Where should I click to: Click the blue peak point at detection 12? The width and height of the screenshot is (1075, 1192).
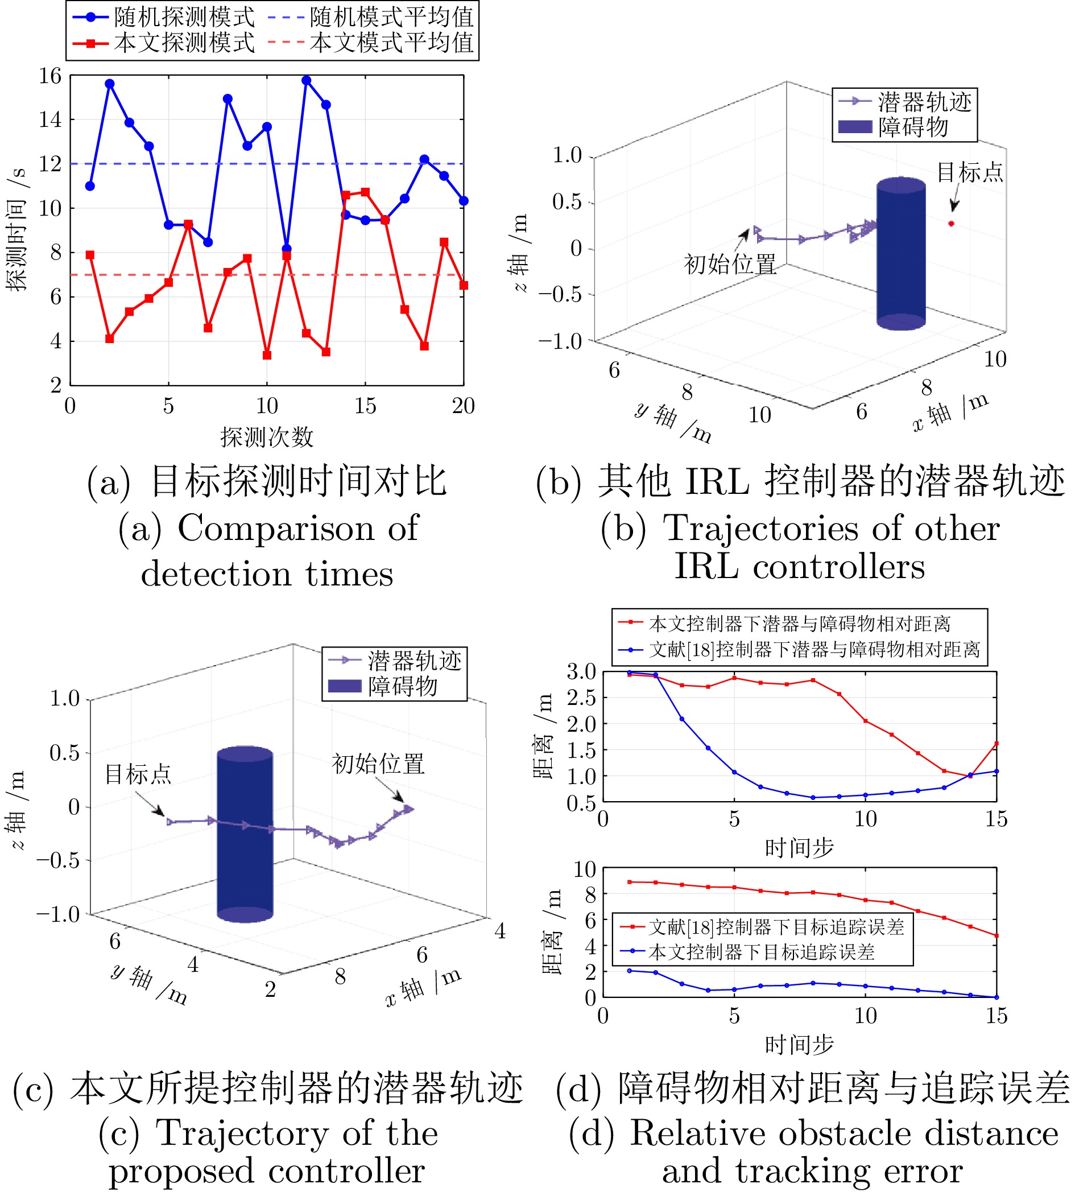pos(306,80)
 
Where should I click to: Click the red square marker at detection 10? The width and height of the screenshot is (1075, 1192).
pos(267,355)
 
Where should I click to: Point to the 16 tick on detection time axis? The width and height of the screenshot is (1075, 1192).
pos(50,76)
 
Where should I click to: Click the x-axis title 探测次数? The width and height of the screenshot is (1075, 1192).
pos(266,438)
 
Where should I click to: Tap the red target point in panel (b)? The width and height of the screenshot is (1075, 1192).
pos(951,224)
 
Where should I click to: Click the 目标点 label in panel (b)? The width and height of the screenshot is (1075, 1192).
pos(970,172)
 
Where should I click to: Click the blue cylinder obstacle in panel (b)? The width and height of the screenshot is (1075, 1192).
pos(901,254)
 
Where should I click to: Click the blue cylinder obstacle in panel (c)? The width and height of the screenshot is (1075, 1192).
pos(245,834)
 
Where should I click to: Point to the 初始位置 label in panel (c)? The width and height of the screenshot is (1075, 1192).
pos(378,764)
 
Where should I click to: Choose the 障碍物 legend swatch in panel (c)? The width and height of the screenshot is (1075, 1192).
pos(344,686)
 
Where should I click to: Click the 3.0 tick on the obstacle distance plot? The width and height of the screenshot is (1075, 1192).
pos(581,671)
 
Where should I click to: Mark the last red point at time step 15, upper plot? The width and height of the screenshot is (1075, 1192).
pos(997,744)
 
